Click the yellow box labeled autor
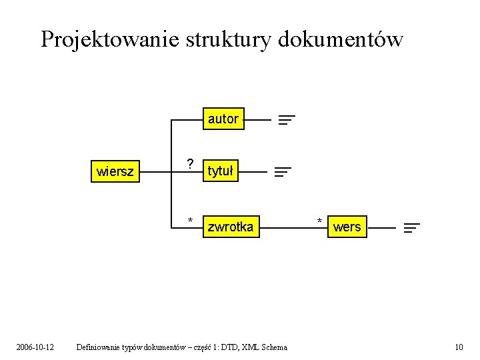tap(223, 119)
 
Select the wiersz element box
tap(115, 172)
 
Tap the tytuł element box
tap(221, 171)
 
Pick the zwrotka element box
tap(230, 227)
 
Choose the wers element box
tap(347, 227)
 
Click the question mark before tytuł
tap(190, 164)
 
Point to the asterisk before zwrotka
tap(190, 221)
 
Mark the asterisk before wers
tap(319, 221)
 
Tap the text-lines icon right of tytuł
tap(283, 172)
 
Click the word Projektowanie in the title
tap(110, 39)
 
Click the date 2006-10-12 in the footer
tap(35, 347)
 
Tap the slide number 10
tap(458, 347)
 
